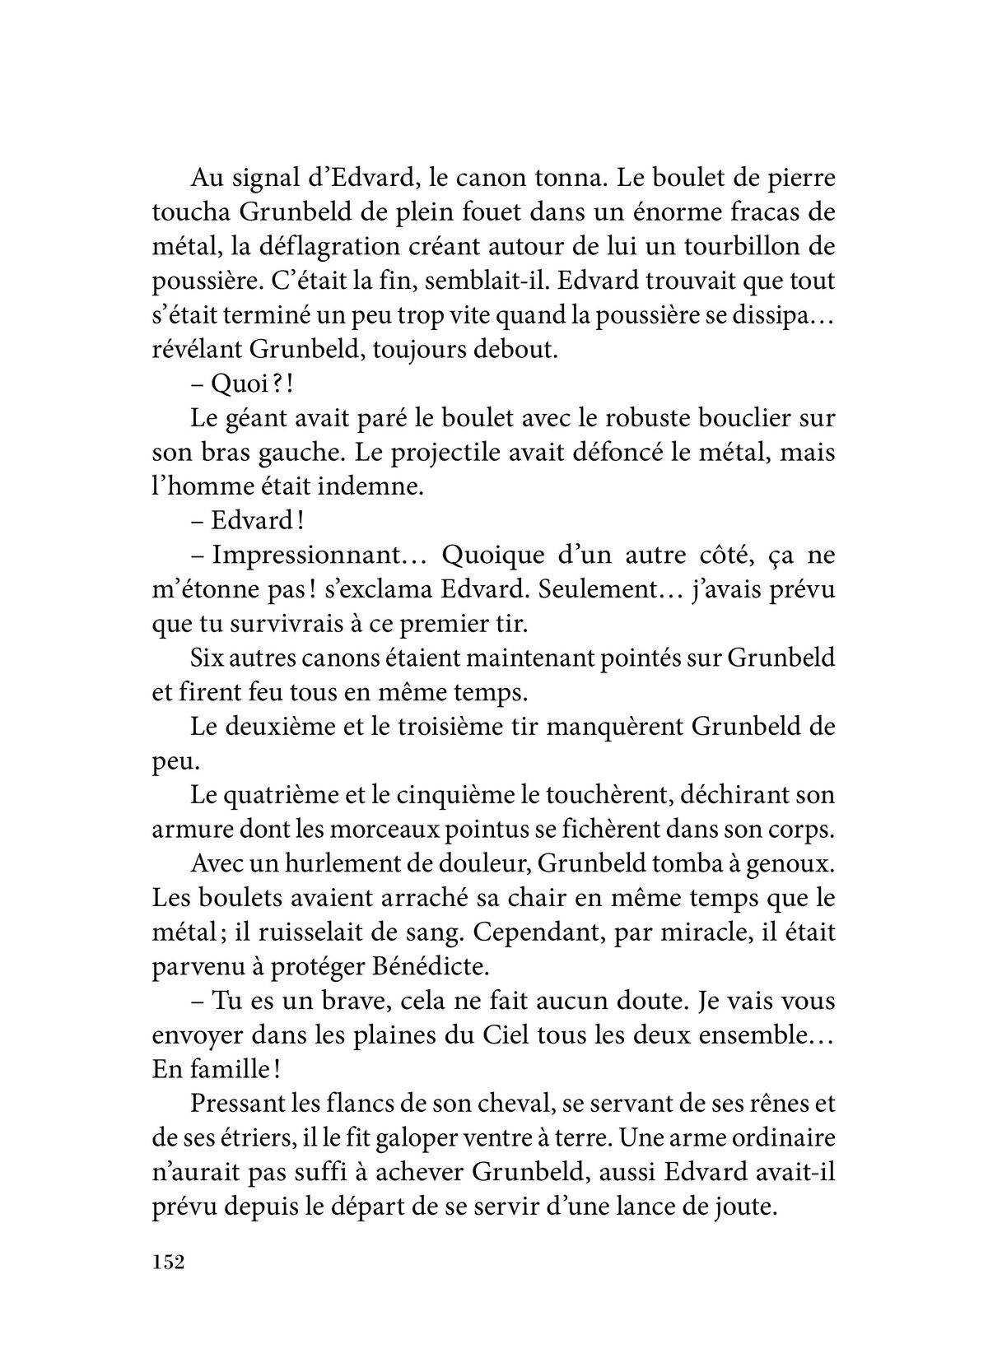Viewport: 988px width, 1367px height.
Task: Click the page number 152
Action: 166,1262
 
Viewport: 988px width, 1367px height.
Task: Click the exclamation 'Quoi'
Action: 238,384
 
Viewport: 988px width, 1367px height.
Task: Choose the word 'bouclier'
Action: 735,419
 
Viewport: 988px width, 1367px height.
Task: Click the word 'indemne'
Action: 366,487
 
